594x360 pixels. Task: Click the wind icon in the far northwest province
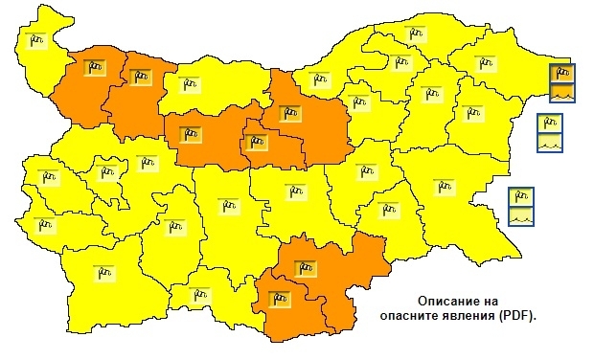(35, 39)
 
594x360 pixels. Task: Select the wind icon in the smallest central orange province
(254, 143)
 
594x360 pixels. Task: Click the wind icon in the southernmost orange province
(279, 297)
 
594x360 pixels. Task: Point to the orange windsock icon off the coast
(562, 75)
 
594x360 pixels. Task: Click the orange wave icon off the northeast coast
(562, 92)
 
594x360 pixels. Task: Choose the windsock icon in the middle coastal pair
(549, 124)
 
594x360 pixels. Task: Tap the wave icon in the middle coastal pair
(549, 141)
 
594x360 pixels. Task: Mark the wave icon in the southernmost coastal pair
(521, 215)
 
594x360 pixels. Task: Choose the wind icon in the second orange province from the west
(140, 76)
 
